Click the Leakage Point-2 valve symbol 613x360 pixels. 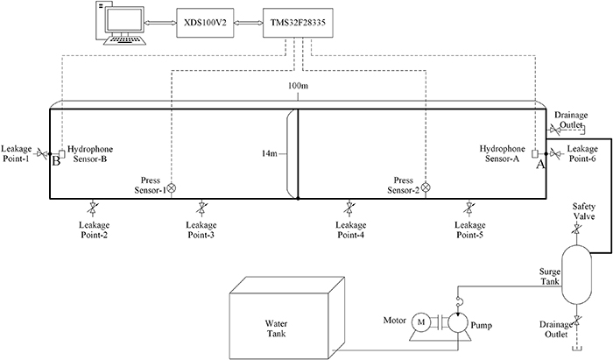tap(93, 207)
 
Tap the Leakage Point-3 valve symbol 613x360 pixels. tap(202, 207)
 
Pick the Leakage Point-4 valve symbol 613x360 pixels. tap(349, 207)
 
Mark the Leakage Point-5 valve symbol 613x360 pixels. tap(469, 207)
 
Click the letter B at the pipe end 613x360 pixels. tap(55, 160)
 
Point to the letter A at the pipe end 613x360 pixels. tap(540, 161)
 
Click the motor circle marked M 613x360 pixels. tap(421, 322)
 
